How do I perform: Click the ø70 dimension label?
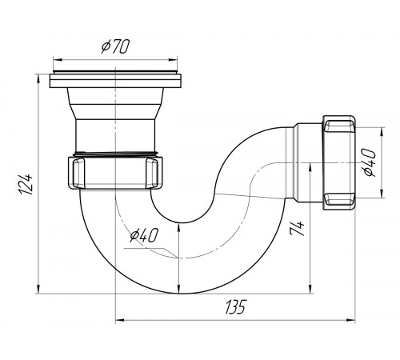point(115,46)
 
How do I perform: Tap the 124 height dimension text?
point(26,184)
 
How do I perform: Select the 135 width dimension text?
point(235,307)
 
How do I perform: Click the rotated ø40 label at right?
point(370,162)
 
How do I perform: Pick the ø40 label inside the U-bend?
point(144,236)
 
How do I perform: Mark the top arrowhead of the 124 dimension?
point(39,79)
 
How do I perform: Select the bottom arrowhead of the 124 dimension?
point(39,289)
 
